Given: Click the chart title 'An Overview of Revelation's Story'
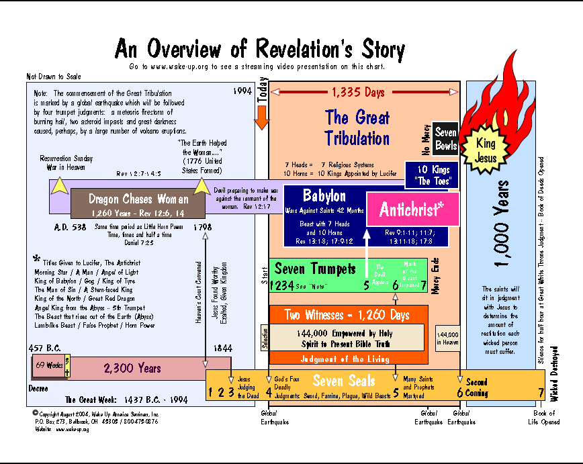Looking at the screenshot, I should click(x=260, y=49).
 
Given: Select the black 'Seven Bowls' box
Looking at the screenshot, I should click(x=446, y=138).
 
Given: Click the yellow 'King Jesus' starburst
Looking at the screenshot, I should click(x=485, y=150).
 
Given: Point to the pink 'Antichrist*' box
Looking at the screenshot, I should click(x=412, y=210).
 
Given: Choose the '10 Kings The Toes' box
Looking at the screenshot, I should click(x=432, y=175).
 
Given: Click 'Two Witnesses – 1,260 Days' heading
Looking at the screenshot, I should click(x=347, y=316).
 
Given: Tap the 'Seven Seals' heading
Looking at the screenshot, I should click(x=344, y=381).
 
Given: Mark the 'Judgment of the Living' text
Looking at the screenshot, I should click(x=345, y=359).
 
